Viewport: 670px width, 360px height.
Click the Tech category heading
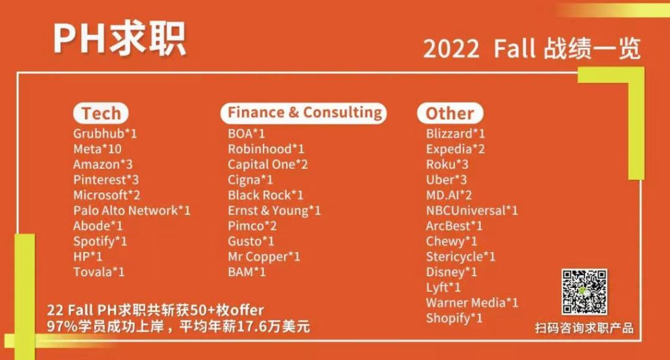pos(101,113)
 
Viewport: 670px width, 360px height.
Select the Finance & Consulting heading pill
pos(304,113)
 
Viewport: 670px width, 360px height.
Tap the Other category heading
pos(450,113)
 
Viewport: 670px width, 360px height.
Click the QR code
pos(584,291)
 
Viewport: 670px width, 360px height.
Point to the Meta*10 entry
pos(97,149)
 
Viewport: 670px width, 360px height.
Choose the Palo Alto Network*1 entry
pos(132,211)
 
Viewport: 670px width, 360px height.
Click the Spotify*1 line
pos(100,242)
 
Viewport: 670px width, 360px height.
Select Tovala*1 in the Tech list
pos(99,272)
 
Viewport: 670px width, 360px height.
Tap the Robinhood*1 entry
pos(266,149)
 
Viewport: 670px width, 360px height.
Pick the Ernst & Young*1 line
pos(274,211)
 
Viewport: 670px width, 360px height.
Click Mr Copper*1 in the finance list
pos(264,257)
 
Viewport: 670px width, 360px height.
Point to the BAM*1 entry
pos(247,272)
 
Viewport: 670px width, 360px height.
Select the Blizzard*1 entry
pos(455,134)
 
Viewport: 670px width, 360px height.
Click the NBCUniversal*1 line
pos(472,211)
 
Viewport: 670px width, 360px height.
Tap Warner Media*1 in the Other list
pos(472,303)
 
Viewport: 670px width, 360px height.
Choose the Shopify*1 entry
pos(454,319)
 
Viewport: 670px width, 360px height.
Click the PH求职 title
pos(120,39)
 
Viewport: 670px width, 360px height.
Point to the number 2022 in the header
pos(451,49)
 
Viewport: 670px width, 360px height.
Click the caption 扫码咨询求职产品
pos(584,329)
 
